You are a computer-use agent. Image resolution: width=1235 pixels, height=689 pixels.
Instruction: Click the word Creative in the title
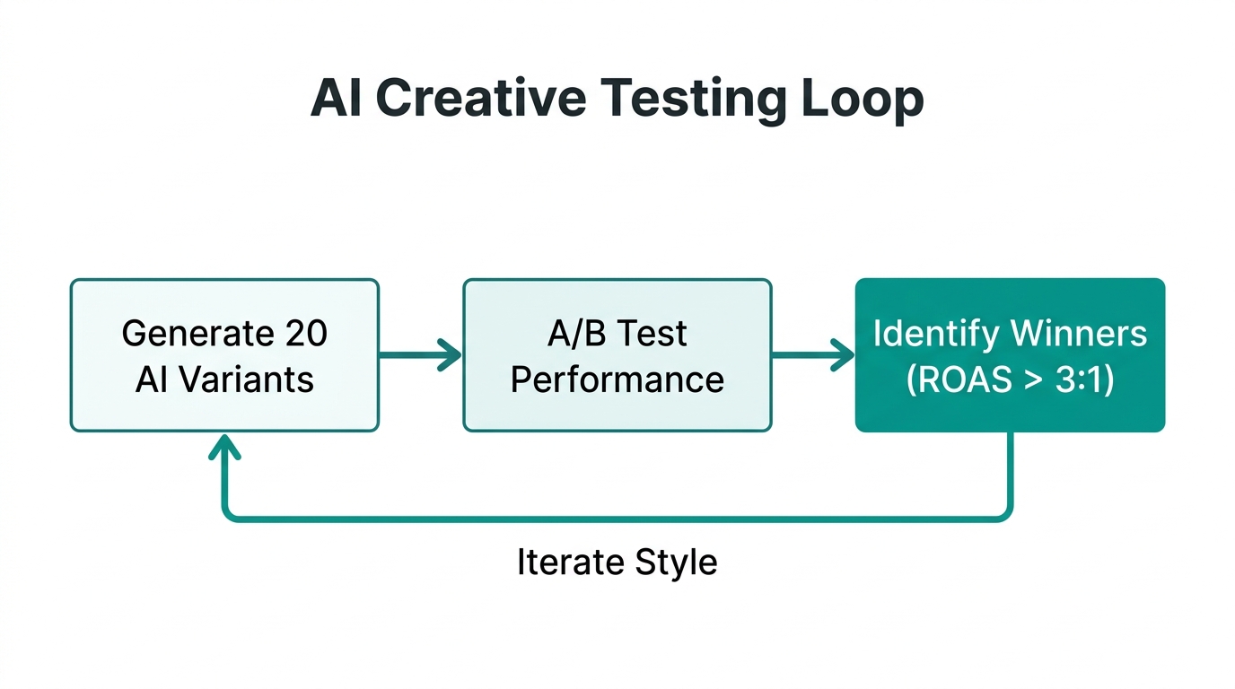point(479,99)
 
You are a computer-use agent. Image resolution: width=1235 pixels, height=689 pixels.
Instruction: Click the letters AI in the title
point(335,99)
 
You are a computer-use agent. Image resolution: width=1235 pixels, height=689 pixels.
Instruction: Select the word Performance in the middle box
point(617,379)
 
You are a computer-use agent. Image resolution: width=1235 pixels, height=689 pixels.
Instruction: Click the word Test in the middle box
point(651,334)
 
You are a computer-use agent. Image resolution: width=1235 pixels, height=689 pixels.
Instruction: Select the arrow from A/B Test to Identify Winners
point(813,355)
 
